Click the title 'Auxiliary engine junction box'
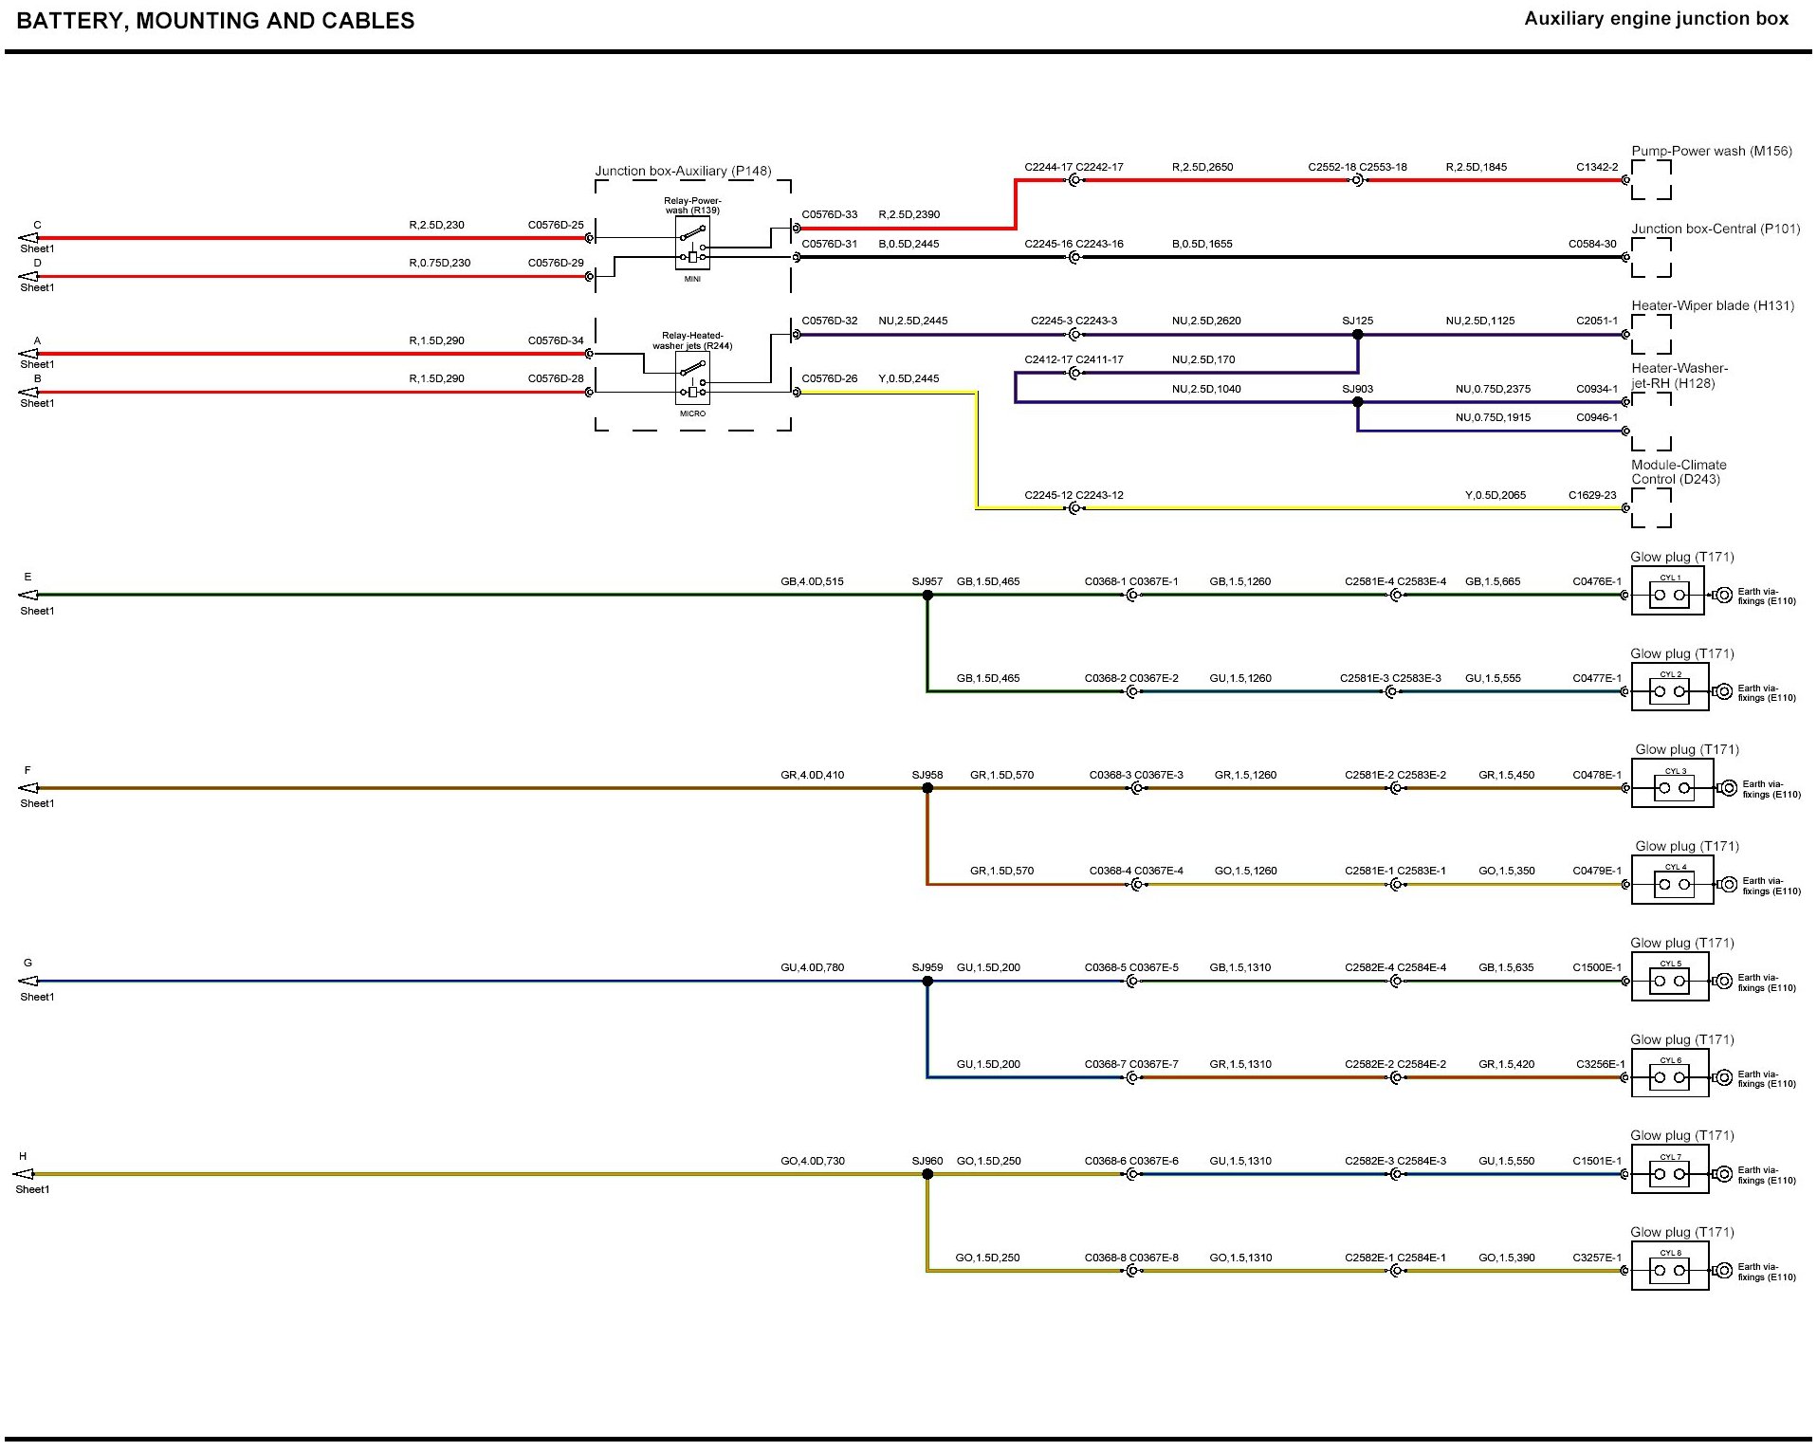click(x=1656, y=19)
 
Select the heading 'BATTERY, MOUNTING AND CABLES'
click(x=215, y=21)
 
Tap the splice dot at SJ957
click(x=927, y=596)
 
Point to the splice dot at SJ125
click(x=1357, y=335)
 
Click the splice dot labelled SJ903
click(x=1357, y=402)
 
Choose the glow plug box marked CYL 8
click(x=1669, y=1266)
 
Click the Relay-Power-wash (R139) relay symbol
click(x=692, y=244)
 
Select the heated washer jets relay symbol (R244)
click(x=692, y=378)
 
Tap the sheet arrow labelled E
click(x=28, y=596)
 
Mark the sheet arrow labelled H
click(x=24, y=1174)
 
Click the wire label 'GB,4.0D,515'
click(x=812, y=581)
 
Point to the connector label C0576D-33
click(x=829, y=214)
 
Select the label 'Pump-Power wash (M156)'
click(x=1711, y=151)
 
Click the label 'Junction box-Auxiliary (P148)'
click(x=683, y=171)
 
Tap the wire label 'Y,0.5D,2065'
click(x=1495, y=495)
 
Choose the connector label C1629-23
click(x=1592, y=495)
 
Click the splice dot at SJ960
click(x=927, y=1174)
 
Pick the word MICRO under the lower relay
click(x=692, y=413)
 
